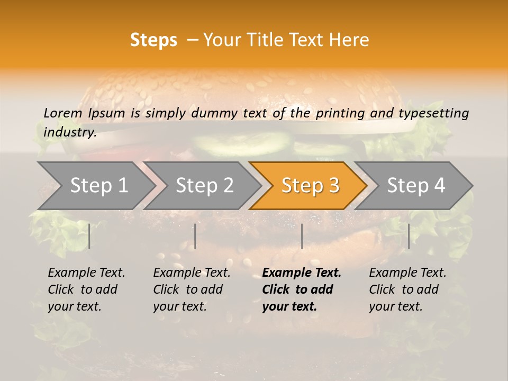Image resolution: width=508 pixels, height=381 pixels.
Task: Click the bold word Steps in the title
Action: (153, 40)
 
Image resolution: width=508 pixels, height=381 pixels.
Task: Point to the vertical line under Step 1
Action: (89, 236)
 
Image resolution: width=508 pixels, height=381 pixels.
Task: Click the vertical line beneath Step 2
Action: (195, 236)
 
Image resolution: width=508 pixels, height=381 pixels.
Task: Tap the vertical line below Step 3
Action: (302, 236)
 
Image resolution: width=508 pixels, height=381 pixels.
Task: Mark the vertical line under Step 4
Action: (409, 236)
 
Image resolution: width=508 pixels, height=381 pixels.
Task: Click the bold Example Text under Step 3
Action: (302, 273)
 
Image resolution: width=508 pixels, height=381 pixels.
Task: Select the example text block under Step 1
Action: (86, 289)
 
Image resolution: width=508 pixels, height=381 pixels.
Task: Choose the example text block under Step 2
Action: (192, 289)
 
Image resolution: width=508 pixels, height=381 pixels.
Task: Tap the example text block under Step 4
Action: (407, 289)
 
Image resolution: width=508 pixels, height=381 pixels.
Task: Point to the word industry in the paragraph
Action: (70, 132)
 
